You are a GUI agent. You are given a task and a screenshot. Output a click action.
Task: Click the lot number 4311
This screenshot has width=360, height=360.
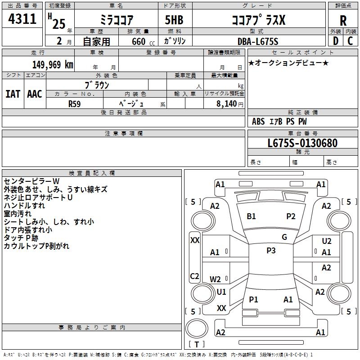[x=22, y=19]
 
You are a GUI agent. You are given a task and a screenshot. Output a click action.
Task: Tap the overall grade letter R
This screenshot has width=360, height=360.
[x=343, y=20]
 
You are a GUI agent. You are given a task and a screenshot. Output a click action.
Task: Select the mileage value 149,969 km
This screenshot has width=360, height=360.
[x=53, y=65]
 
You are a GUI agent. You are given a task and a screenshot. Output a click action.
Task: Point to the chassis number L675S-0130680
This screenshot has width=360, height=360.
[x=302, y=144]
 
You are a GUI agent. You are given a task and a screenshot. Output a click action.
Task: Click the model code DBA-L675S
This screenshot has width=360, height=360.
[x=258, y=41]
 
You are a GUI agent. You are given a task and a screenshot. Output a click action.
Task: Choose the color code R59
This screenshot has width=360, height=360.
[x=75, y=103]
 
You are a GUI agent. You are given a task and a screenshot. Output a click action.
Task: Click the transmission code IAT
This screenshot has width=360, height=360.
[x=13, y=94]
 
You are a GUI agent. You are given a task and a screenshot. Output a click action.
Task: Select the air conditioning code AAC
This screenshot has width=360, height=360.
[x=34, y=94]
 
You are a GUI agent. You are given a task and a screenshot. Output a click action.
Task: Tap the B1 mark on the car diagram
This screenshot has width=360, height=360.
[x=251, y=216]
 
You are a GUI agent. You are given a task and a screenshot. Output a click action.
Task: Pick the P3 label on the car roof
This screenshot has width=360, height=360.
[x=271, y=251]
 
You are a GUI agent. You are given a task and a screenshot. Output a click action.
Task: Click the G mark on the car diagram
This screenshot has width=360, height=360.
[x=284, y=237]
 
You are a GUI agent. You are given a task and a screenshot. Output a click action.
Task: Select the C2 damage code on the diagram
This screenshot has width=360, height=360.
[x=194, y=276]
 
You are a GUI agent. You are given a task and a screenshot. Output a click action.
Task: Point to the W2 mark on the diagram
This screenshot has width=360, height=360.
[x=216, y=279]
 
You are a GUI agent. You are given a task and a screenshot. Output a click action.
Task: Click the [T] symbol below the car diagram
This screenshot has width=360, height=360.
[x=197, y=345]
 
